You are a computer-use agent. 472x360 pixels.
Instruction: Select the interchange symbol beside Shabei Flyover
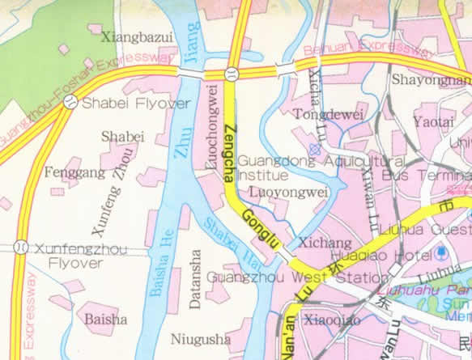70,102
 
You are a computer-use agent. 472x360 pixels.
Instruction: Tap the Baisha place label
105,319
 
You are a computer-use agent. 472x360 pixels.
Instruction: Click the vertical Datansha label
194,281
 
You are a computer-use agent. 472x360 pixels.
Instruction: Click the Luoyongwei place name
288,193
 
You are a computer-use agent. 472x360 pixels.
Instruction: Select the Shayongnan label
430,79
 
